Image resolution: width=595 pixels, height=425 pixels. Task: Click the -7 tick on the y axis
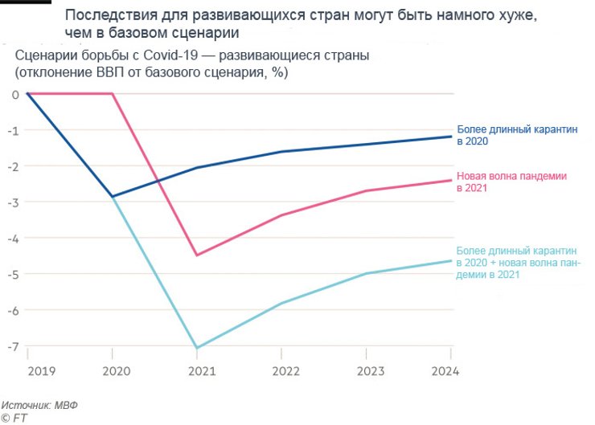14,346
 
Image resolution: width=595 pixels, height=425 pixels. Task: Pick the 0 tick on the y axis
15,94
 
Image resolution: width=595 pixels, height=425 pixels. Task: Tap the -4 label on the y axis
14,238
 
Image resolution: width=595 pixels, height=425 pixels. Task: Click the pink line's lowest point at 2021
196,255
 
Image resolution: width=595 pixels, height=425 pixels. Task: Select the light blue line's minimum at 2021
196,349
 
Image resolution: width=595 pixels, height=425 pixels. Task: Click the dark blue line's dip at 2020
113,197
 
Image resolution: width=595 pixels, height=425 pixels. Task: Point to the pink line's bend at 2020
113,94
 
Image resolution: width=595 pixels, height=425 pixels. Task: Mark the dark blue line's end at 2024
451,137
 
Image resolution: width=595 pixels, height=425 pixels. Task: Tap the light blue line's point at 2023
367,274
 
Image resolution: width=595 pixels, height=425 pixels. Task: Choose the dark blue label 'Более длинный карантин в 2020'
516,134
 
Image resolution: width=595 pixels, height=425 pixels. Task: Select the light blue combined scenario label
518,262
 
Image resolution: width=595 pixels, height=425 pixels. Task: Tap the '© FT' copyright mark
14,418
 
